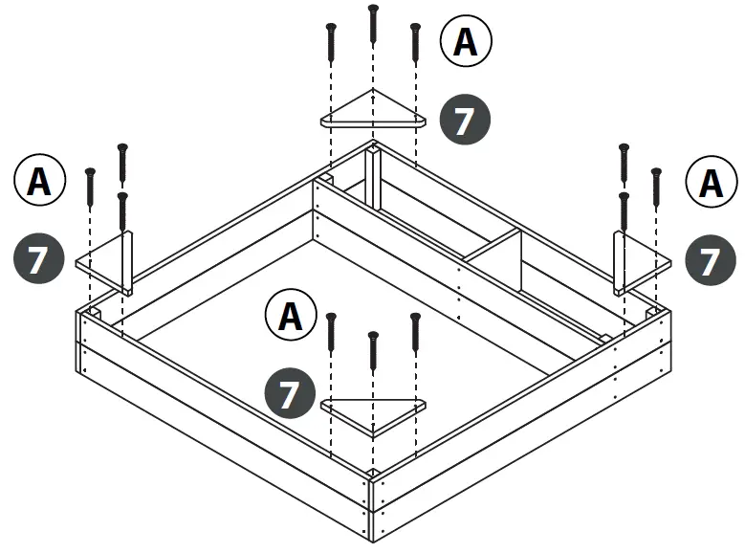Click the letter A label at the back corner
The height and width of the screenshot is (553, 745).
click(x=465, y=42)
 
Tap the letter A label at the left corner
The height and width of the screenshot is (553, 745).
click(x=39, y=180)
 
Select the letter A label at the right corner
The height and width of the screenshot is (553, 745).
click(x=711, y=183)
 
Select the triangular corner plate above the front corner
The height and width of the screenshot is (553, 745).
click(x=373, y=412)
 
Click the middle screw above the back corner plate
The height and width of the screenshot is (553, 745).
click(x=372, y=25)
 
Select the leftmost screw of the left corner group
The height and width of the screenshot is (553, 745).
click(x=90, y=188)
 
